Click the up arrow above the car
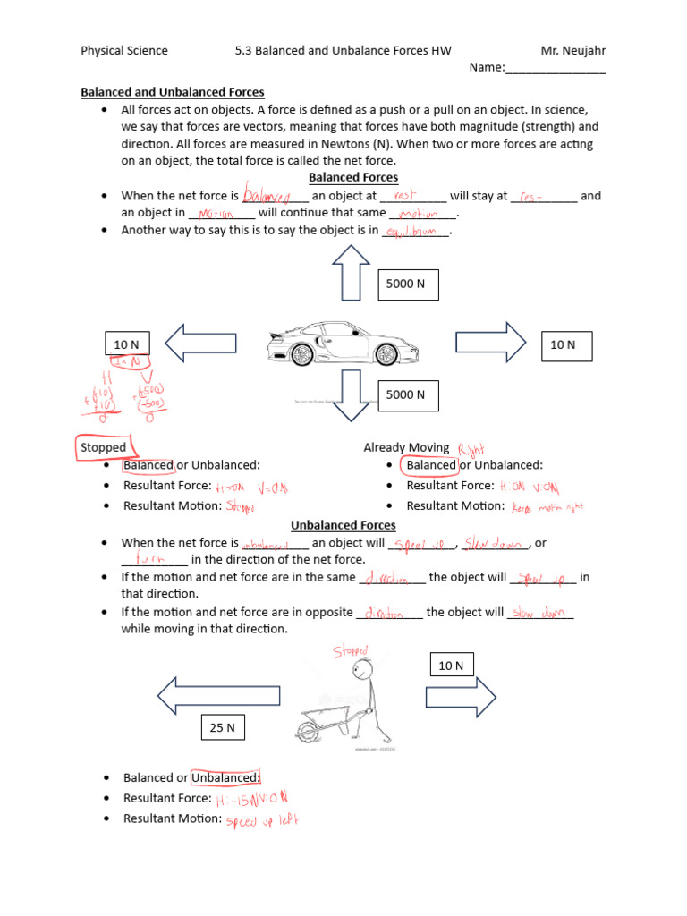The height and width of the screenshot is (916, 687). click(x=351, y=273)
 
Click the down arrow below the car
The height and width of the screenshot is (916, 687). click(x=351, y=394)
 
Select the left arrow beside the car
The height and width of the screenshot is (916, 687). click(x=201, y=343)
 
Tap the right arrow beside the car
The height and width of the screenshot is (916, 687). click(x=491, y=342)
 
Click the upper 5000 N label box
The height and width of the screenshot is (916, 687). click(x=408, y=284)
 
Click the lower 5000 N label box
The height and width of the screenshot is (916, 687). click(x=408, y=394)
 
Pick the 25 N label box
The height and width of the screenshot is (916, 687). click(x=222, y=728)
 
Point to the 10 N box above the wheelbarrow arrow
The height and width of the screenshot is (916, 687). click(x=451, y=666)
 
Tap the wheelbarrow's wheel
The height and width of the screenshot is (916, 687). click(x=308, y=733)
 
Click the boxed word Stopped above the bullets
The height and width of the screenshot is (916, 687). click(x=104, y=447)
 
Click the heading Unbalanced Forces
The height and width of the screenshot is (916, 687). click(x=344, y=525)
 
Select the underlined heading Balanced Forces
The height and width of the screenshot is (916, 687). click(x=353, y=177)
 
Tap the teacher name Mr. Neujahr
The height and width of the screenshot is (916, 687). click(x=572, y=50)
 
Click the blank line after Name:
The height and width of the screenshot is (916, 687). click(x=556, y=68)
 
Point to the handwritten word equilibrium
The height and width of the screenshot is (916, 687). click(x=412, y=232)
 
